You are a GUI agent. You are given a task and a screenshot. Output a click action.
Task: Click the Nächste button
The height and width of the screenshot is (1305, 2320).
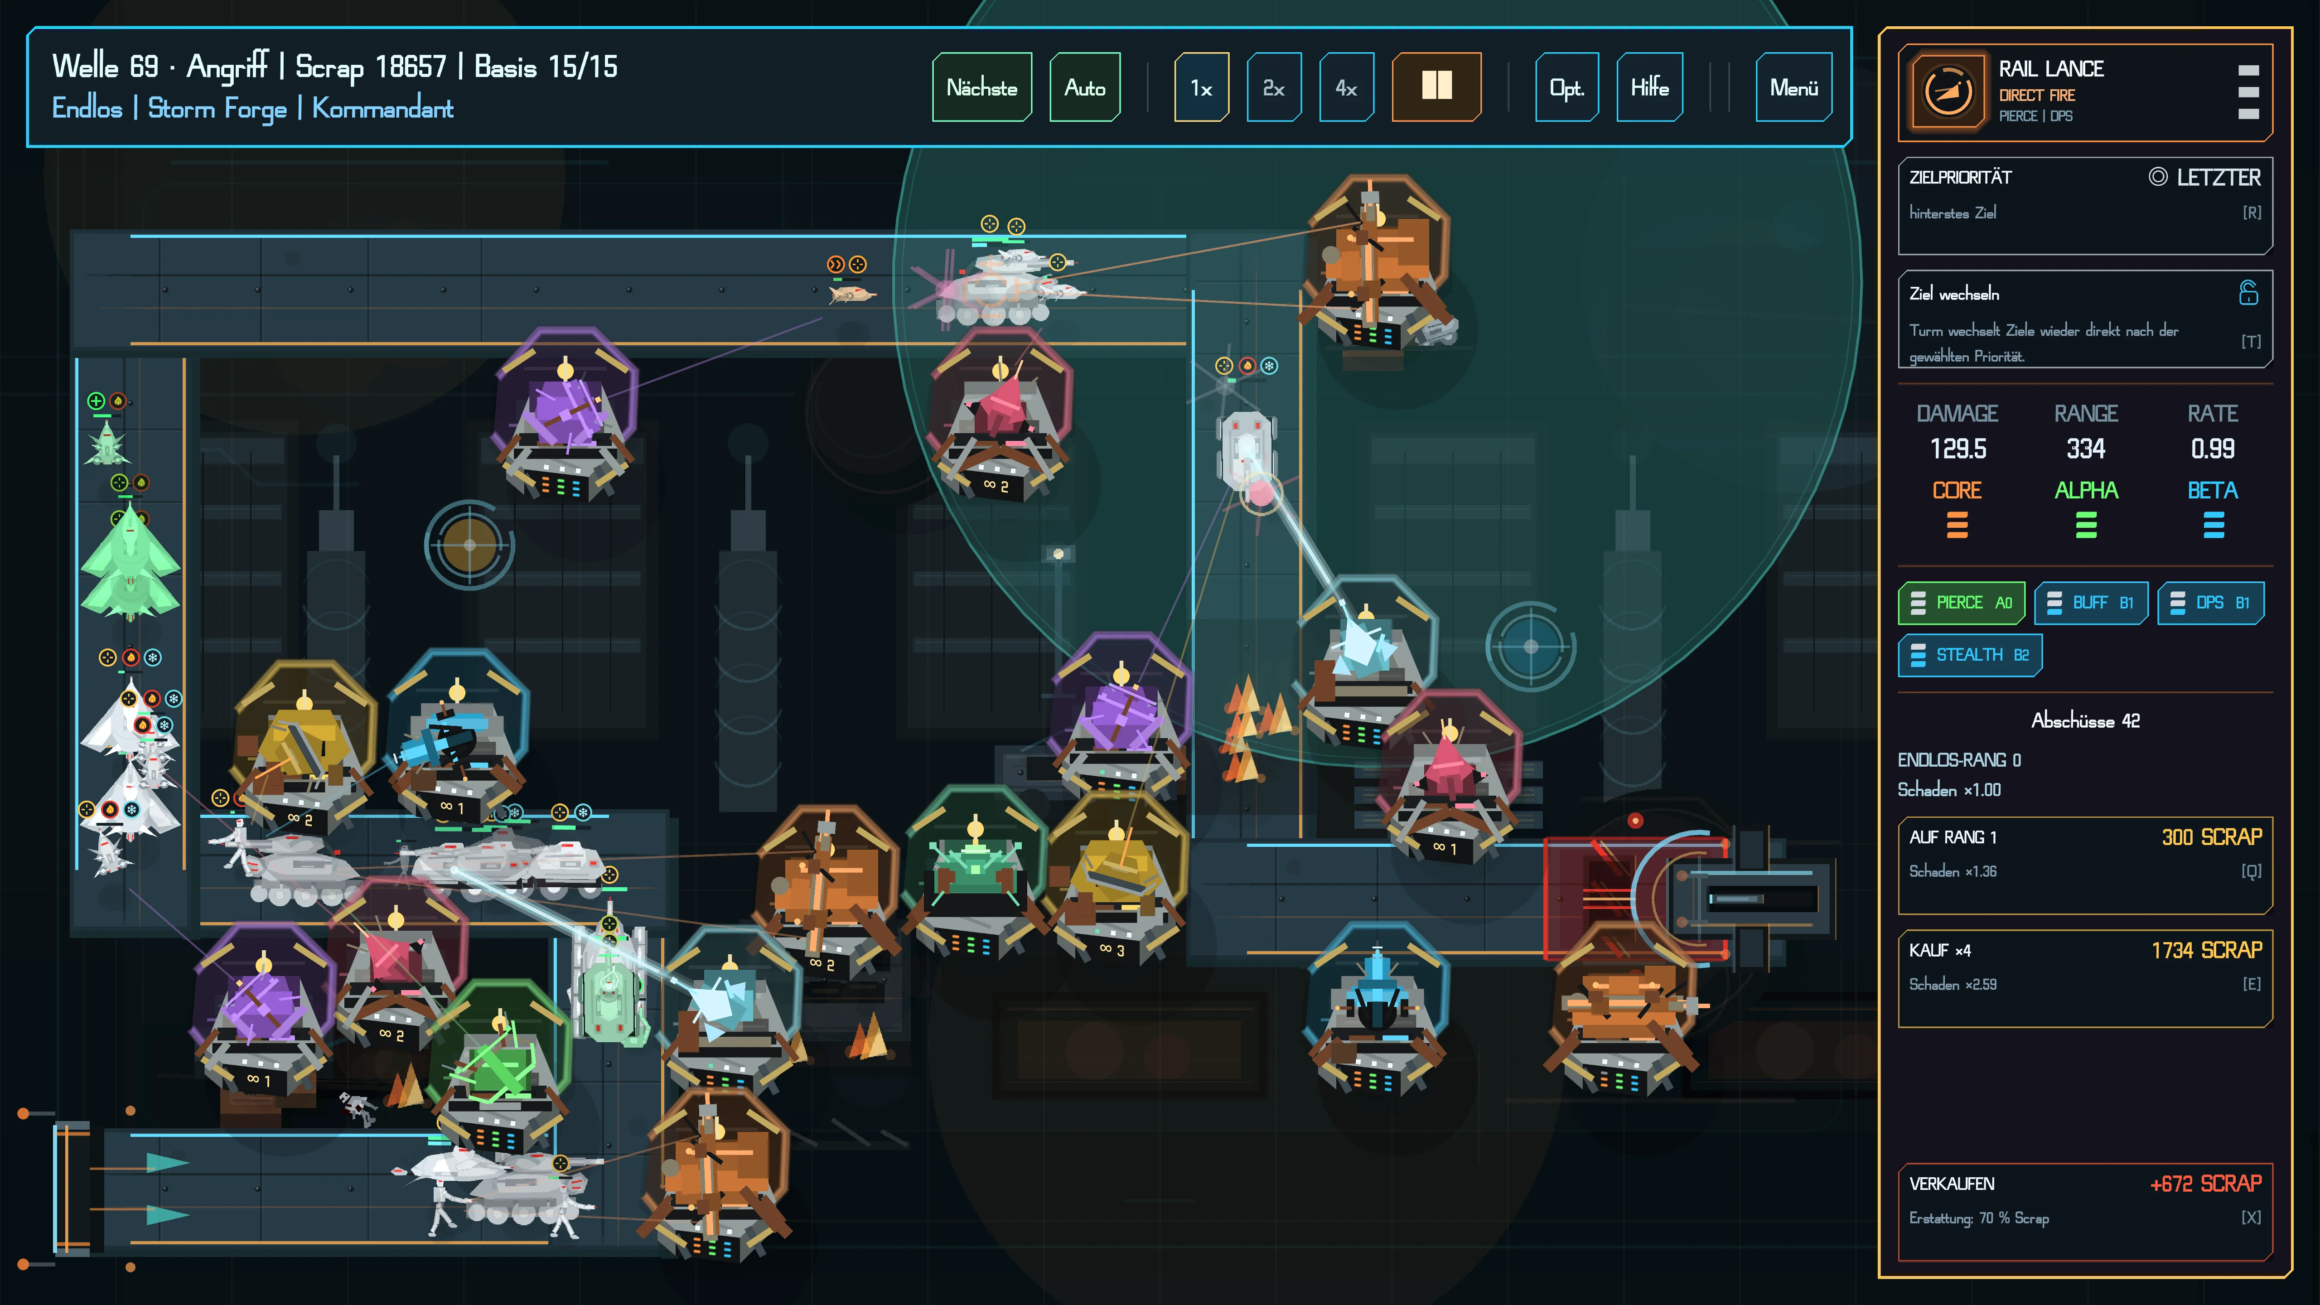tap(981, 87)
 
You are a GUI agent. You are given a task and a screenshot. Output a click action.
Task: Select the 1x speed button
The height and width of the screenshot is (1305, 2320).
tap(1201, 87)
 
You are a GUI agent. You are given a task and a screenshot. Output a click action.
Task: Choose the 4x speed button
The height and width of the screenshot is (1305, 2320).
tap(1346, 87)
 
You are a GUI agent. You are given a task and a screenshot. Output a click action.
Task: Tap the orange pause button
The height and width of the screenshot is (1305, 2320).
tap(1436, 87)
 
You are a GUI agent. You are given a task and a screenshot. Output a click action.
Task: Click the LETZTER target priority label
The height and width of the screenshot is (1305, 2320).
tap(2218, 178)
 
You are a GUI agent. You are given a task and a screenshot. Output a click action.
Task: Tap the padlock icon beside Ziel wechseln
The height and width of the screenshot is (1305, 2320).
tap(2249, 293)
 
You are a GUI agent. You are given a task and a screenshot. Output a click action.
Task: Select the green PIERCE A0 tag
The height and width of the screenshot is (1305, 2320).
tap(1962, 603)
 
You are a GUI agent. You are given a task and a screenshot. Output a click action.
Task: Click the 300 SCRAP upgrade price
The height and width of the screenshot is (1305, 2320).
tap(2212, 836)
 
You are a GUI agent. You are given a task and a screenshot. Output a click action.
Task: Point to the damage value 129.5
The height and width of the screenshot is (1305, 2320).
tap(1958, 449)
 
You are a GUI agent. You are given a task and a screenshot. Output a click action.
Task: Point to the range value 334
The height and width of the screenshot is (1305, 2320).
tap(2086, 449)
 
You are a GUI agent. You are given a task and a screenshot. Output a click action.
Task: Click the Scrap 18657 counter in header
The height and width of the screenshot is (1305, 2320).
tap(371, 67)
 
